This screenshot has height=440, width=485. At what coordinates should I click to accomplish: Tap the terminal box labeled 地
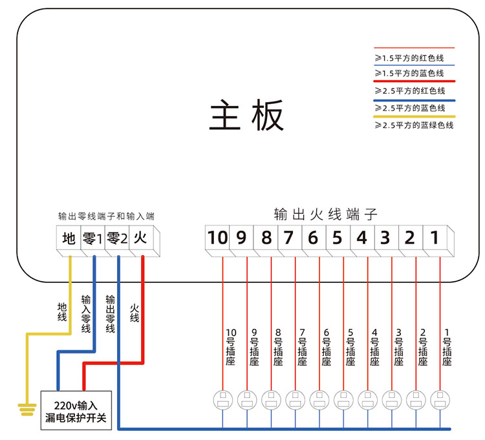[x=69, y=238]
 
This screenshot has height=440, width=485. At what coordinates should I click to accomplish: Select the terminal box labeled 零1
[x=92, y=238]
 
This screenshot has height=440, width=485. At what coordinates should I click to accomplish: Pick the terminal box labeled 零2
[x=116, y=238]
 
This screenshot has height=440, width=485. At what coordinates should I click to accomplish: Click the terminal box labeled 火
[x=140, y=238]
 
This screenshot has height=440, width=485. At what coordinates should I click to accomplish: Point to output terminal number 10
[x=218, y=238]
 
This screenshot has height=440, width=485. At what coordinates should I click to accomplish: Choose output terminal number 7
[x=289, y=238]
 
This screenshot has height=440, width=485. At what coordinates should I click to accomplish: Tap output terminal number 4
[x=361, y=238]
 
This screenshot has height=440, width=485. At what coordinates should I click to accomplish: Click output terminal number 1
[x=435, y=238]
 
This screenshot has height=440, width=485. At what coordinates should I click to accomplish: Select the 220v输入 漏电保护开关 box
[x=78, y=410]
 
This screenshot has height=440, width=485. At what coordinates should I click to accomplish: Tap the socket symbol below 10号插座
[x=222, y=400]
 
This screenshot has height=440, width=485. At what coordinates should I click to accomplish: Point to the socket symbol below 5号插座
[x=343, y=400]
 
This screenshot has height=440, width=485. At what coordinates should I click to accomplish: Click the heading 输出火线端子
[x=325, y=214]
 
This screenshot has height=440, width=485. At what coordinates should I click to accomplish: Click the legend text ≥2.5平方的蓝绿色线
[x=415, y=125]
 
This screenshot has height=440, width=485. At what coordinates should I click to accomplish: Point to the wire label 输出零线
[x=110, y=315]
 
